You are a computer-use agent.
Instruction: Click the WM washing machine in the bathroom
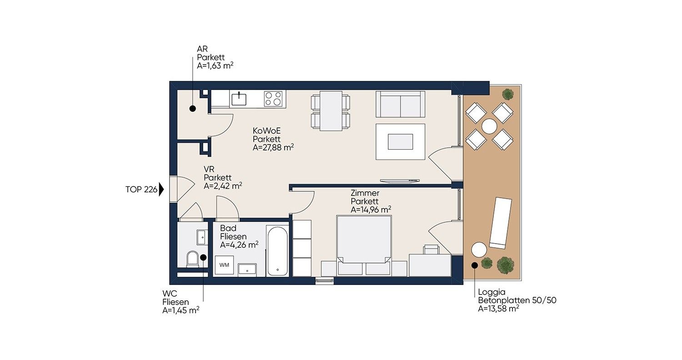[225, 265]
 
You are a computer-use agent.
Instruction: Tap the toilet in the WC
[192, 259]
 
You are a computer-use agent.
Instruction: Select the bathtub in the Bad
[277, 251]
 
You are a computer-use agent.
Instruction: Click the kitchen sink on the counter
[239, 99]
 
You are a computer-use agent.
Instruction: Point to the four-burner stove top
[273, 99]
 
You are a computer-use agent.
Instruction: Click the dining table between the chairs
[331, 111]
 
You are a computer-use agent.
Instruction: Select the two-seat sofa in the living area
[400, 104]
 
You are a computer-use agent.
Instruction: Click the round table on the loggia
[489, 126]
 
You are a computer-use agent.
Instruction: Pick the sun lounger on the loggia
[501, 223]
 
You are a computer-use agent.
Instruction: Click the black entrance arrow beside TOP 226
[161, 190]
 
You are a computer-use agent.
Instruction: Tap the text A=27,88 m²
[273, 148]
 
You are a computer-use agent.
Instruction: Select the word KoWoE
[267, 131]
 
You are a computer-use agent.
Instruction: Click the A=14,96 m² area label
[371, 210]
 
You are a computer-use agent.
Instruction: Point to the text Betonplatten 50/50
[517, 300]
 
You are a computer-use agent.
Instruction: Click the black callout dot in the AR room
[192, 108]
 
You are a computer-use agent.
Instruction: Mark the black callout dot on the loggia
[474, 265]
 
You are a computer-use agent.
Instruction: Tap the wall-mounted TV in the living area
[400, 181]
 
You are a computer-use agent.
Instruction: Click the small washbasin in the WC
[201, 237]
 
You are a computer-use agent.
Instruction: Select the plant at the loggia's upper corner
[507, 94]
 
